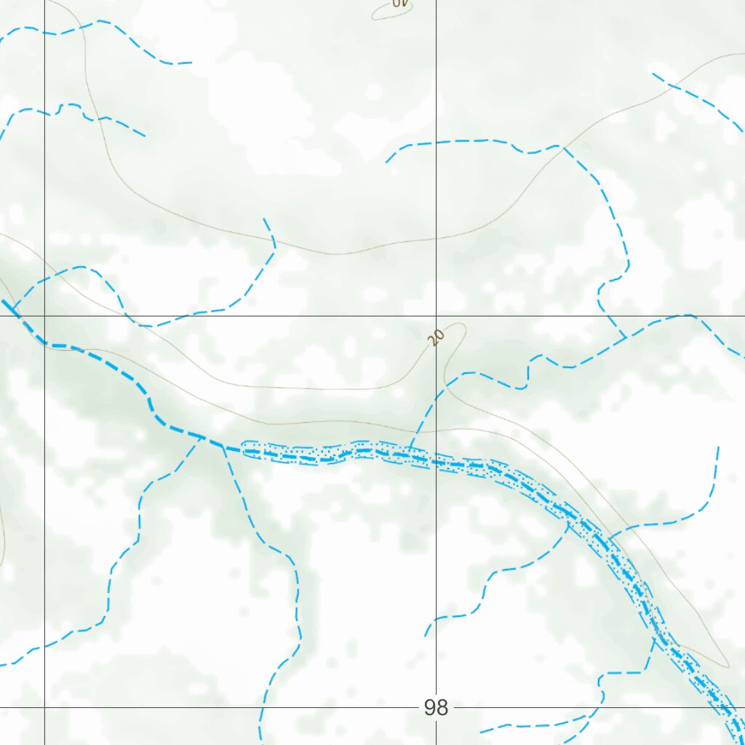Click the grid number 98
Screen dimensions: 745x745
click(x=436, y=707)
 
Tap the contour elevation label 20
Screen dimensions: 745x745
click(x=436, y=338)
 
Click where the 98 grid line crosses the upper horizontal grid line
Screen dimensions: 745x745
click(x=436, y=316)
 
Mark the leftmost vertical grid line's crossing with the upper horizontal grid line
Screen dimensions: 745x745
click(x=44, y=316)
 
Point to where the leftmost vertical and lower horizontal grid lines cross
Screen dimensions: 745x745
click(x=44, y=706)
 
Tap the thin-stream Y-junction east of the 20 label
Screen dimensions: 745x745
click(x=626, y=338)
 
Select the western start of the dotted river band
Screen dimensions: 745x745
click(x=243, y=450)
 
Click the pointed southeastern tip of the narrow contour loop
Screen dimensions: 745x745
click(x=726, y=666)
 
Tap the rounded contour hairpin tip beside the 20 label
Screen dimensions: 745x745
click(x=458, y=326)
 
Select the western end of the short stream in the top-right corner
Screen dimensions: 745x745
click(x=653, y=73)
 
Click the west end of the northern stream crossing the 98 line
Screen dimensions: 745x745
click(x=386, y=162)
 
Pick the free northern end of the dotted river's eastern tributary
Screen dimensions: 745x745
click(x=718, y=447)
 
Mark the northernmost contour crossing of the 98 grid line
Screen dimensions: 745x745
click(x=436, y=237)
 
